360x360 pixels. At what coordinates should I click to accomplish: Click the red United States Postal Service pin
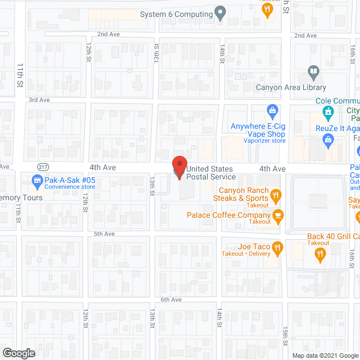click(179, 166)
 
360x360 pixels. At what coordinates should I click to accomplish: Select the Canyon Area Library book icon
click(313, 73)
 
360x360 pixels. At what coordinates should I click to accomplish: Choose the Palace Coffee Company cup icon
click(277, 215)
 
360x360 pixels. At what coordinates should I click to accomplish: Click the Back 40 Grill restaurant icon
click(320, 254)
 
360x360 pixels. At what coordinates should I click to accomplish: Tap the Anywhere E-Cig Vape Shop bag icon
click(272, 110)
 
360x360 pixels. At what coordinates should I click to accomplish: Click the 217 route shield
click(43, 167)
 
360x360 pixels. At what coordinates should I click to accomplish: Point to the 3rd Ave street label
click(39, 100)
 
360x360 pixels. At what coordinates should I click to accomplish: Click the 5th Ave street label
click(104, 233)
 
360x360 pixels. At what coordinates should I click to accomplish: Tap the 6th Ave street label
click(171, 300)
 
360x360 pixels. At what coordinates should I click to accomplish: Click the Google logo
click(18, 353)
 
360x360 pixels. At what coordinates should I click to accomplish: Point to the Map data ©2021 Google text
click(325, 355)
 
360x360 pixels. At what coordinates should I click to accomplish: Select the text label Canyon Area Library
click(291, 87)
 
